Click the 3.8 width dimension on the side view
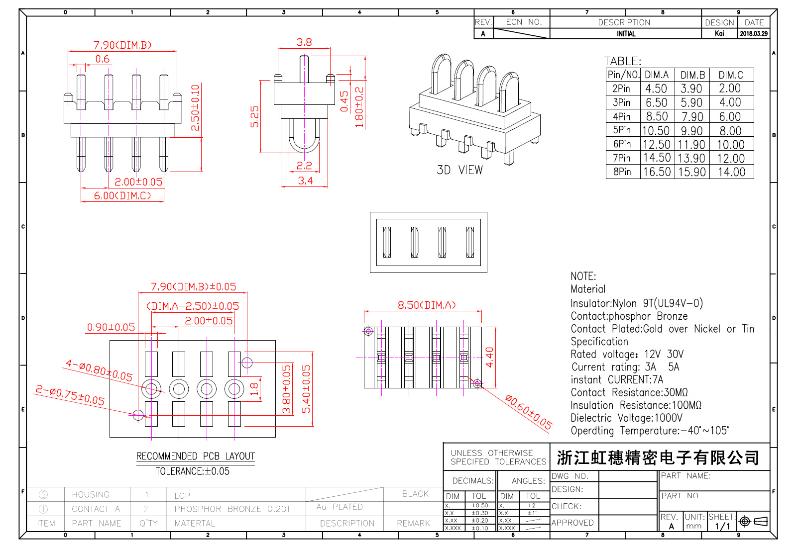pos(304,43)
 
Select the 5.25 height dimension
pos(255,116)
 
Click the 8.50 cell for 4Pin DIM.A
pos(657,116)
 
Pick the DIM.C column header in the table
pos(731,75)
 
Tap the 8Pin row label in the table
pos(622,172)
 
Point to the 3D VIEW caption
pos(459,170)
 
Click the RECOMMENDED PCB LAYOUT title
pos(195,456)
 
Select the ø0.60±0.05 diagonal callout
pos(528,412)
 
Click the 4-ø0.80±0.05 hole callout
pos(99,370)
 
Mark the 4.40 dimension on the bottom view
pos(489,357)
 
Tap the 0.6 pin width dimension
pos(103,59)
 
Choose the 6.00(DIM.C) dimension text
pos(122,196)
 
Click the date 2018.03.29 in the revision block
pos(754,34)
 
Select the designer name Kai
pos(719,34)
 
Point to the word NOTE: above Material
pos(583,276)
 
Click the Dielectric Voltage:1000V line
pos(626,418)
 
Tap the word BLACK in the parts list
pos(415,494)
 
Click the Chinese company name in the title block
pos(658,457)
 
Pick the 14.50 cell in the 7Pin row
pos(657,158)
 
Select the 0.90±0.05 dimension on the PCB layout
pos(111,327)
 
